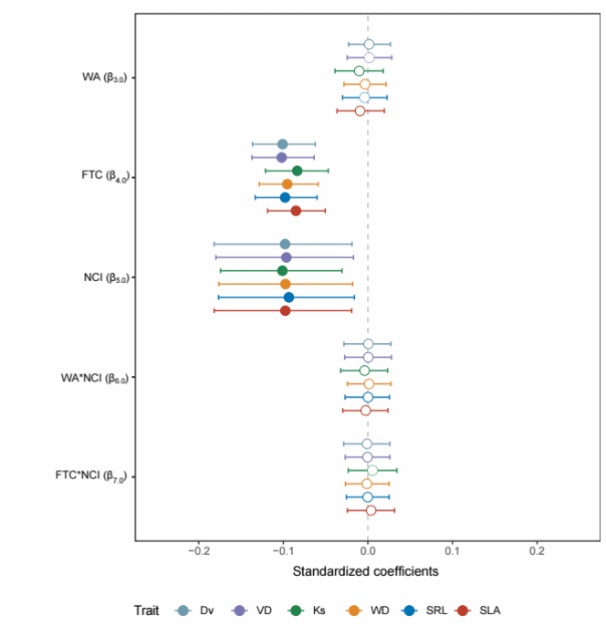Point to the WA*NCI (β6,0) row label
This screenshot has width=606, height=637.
click(99, 377)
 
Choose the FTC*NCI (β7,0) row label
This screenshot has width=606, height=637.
click(96, 476)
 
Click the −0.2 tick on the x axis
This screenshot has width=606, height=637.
click(199, 551)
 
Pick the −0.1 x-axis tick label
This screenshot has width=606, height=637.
click(283, 551)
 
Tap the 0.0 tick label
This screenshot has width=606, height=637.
click(367, 551)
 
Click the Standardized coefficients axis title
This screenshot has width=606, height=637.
click(365, 572)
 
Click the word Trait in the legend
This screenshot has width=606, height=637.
click(149, 611)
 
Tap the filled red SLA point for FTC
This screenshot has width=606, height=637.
click(296, 211)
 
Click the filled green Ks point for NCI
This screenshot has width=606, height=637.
click(282, 271)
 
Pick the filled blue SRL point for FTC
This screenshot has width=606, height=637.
click(285, 197)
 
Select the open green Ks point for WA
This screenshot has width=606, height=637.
click(359, 71)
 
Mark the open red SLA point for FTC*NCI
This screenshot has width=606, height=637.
click(371, 510)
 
